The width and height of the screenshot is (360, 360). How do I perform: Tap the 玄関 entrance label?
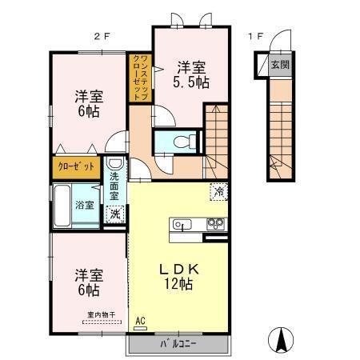[x=279, y=64]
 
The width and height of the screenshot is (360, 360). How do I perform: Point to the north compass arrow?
[x=282, y=339]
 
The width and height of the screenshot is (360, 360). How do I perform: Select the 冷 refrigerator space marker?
[x=218, y=192]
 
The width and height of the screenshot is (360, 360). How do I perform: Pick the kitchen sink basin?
[x=181, y=225]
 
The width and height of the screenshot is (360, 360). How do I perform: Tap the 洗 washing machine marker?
[x=116, y=214]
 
